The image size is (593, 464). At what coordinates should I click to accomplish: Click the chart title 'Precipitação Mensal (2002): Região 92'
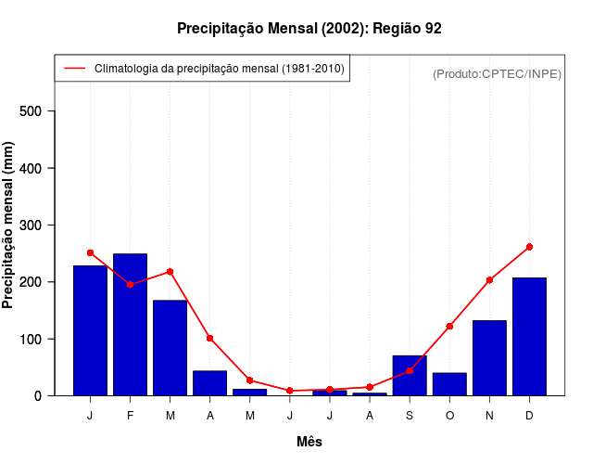pyautogui.click(x=309, y=29)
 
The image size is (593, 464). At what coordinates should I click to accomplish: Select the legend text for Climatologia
pyautogui.click(x=219, y=69)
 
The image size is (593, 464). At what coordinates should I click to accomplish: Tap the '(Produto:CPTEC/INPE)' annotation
pyautogui.click(x=497, y=74)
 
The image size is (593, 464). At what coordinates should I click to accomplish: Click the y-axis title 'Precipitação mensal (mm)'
pyautogui.click(x=9, y=225)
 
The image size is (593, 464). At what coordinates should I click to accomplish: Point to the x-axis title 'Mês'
pyautogui.click(x=309, y=442)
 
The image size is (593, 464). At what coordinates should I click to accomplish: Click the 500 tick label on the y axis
pyautogui.click(x=32, y=111)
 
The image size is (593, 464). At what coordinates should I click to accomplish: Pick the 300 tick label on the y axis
pyautogui.click(x=32, y=226)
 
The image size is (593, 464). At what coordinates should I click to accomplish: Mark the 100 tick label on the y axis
pyautogui.click(x=32, y=339)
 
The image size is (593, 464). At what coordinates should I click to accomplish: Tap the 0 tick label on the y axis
pyautogui.click(x=38, y=395)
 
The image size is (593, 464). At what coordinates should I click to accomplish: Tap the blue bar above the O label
pyautogui.click(x=449, y=383)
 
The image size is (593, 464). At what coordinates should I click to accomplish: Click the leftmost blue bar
pyautogui.click(x=90, y=330)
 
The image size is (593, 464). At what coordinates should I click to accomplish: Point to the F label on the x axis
pyautogui.click(x=130, y=416)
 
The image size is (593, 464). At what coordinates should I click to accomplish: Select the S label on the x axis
pyautogui.click(x=410, y=416)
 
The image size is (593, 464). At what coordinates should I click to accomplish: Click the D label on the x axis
pyautogui.click(x=529, y=416)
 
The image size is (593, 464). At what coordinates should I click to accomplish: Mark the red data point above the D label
pyautogui.click(x=529, y=247)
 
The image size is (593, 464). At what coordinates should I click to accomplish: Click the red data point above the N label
pyautogui.click(x=489, y=279)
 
